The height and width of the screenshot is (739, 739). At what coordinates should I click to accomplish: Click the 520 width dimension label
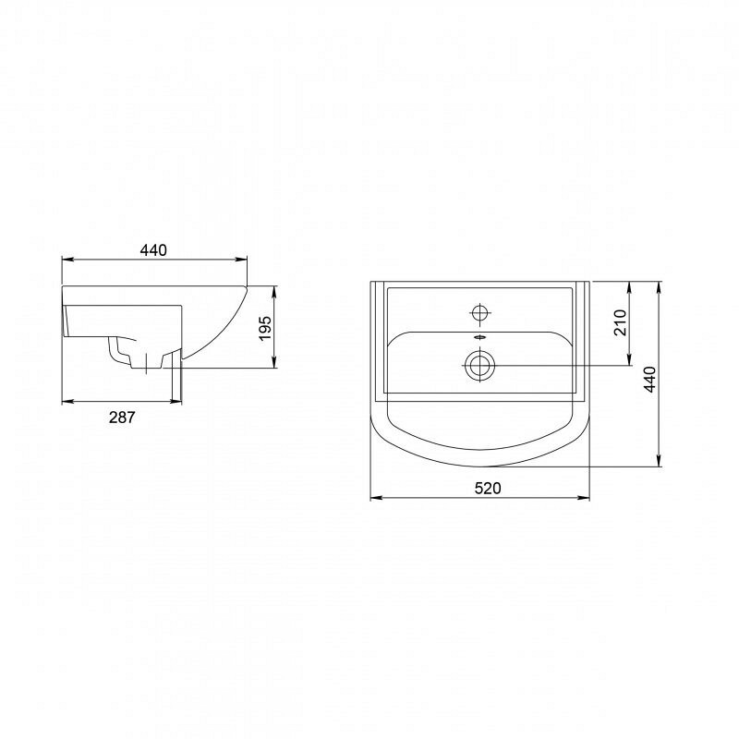click(x=488, y=489)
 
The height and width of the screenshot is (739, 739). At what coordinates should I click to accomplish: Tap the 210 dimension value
click(x=620, y=322)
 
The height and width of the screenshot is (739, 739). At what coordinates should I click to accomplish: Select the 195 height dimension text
click(x=265, y=328)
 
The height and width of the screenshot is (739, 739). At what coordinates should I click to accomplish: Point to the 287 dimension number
click(x=122, y=418)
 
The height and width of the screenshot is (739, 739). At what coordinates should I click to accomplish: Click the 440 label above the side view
click(x=153, y=249)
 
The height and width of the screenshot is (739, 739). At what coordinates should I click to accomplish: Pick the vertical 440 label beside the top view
click(x=650, y=379)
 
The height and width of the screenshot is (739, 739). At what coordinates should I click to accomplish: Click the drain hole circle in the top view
click(x=479, y=365)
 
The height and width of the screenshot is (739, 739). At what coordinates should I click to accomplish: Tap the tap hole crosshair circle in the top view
click(x=479, y=312)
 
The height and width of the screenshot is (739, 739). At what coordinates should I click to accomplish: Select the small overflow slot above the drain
click(x=479, y=337)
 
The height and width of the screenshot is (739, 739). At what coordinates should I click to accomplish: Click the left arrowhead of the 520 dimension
click(x=376, y=497)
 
